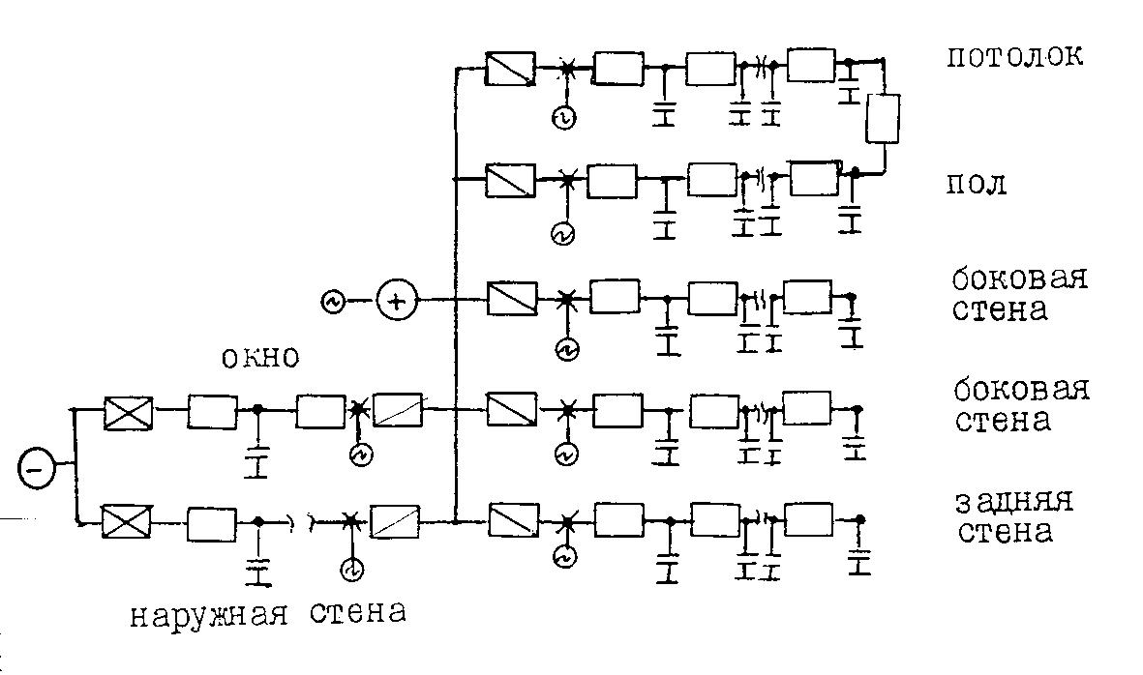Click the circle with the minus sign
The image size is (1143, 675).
coord(35,470)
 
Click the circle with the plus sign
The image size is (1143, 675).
coord(397,301)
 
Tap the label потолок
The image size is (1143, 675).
coord(1014,56)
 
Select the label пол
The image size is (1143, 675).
coord(977,185)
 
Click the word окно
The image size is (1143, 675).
coord(259,357)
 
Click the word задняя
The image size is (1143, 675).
coord(1013,502)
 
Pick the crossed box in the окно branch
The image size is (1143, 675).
coord(129,414)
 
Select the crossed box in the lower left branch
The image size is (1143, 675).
coord(126,521)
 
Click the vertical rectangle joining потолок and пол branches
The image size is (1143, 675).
coord(883,119)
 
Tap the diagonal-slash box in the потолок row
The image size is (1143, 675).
coord(510,70)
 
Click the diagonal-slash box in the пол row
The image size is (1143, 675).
coord(510,181)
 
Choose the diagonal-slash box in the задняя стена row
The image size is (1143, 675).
coord(514,520)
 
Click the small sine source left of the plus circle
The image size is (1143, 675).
coord(332,301)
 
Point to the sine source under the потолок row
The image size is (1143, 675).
coord(563,118)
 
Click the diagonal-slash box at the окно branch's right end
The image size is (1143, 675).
coord(398,411)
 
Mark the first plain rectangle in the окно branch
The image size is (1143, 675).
coord(212,412)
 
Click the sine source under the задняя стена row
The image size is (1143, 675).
coord(565,558)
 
